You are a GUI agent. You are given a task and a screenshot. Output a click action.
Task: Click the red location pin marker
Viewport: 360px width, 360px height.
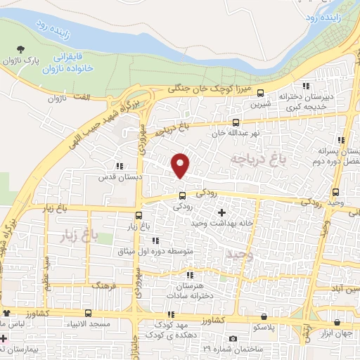pyautogui.click(x=181, y=165)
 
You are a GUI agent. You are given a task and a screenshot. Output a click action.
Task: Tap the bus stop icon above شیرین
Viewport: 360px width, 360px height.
pyautogui.click(x=261, y=93)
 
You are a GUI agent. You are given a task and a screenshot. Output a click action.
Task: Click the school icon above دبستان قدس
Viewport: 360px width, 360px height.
pyautogui.click(x=120, y=167)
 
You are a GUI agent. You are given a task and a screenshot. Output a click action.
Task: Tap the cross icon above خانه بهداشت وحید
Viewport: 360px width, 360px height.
pyautogui.click(x=222, y=212)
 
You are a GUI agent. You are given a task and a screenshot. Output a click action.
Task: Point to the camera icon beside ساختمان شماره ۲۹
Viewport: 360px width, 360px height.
pyautogui.click(x=233, y=339)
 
